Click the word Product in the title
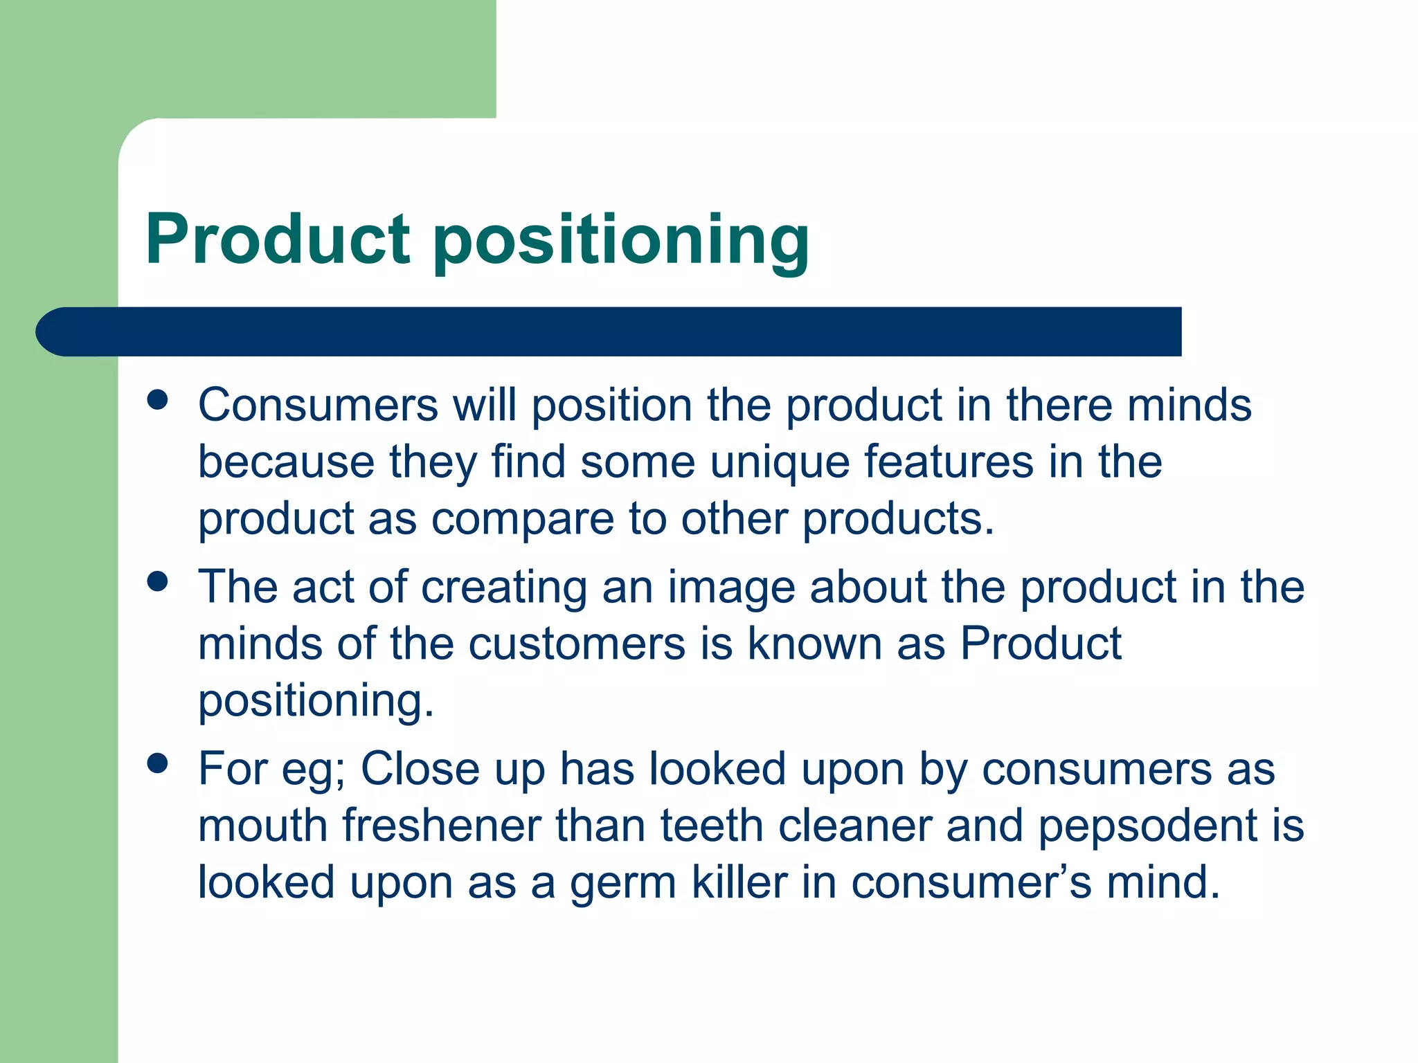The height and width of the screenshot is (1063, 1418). (x=278, y=239)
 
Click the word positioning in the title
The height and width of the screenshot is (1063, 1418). (x=621, y=242)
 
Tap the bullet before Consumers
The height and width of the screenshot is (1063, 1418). (x=158, y=400)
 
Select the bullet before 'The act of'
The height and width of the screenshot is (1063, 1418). (x=158, y=581)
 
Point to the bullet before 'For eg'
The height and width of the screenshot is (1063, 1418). (x=158, y=763)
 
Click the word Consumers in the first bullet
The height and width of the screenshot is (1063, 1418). (x=318, y=405)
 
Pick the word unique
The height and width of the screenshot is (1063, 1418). (x=780, y=462)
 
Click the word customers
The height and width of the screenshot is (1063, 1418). (x=576, y=644)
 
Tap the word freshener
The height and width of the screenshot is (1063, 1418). (x=442, y=826)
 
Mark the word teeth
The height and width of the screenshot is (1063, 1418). (x=711, y=826)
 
